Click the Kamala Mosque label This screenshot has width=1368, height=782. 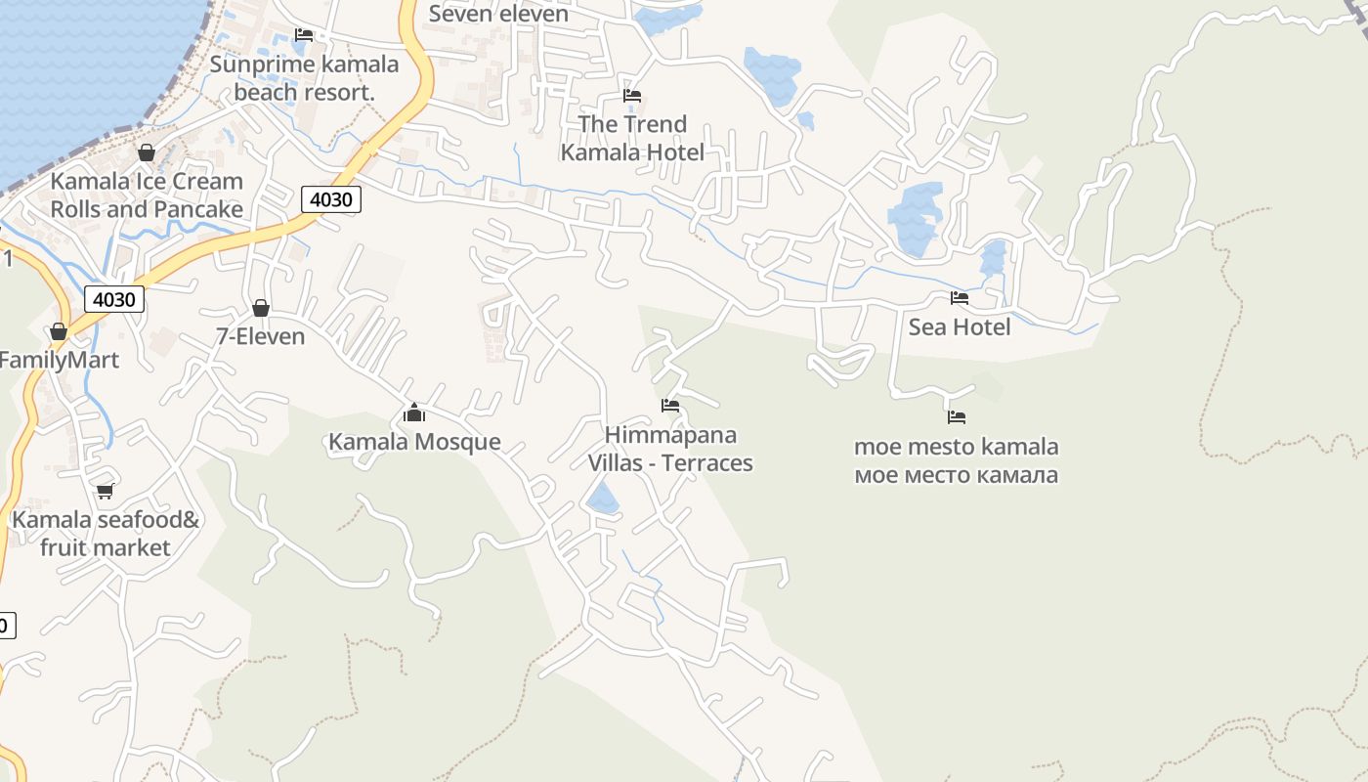tap(414, 442)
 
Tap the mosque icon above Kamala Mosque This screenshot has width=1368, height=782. tap(414, 413)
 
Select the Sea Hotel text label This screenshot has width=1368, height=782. tap(960, 327)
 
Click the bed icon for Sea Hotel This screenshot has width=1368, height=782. tap(960, 298)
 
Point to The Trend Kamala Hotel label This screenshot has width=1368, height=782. tap(632, 138)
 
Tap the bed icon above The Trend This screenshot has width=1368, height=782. tap(632, 96)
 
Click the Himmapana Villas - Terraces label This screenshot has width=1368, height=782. tap(670, 449)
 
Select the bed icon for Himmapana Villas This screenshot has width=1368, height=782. tap(670, 405)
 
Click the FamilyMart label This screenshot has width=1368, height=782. tap(59, 360)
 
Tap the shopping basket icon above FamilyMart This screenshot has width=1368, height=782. tap(59, 331)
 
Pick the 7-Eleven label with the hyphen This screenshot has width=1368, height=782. tap(261, 337)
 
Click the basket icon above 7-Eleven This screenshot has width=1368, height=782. tap(261, 308)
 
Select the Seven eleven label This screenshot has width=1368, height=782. tap(498, 14)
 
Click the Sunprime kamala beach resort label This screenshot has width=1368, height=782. tap(305, 78)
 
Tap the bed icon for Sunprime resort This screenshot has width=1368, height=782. tap(304, 35)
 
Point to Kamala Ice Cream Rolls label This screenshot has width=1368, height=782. tap(147, 195)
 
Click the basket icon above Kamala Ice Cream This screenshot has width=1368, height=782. tap(147, 152)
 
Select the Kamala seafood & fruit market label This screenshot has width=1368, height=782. tap(106, 534)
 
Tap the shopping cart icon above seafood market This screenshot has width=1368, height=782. tap(106, 491)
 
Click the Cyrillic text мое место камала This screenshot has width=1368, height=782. tap(957, 476)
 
